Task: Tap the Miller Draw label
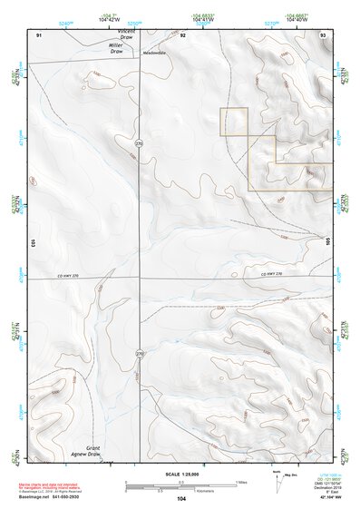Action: [x=115, y=48]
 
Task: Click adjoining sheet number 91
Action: [x=39, y=34]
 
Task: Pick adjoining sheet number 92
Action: [x=182, y=34]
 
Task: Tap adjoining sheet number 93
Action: [x=323, y=34]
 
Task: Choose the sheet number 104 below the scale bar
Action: [x=181, y=499]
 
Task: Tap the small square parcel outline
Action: [x=234, y=122]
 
